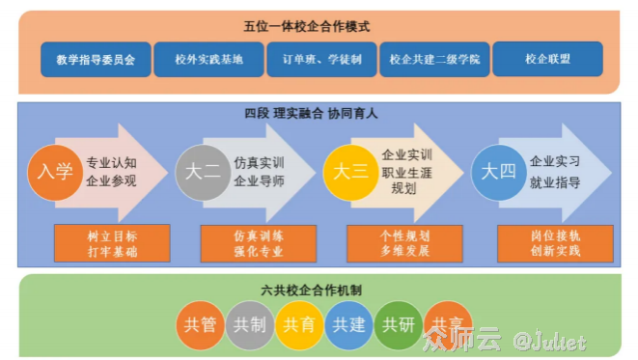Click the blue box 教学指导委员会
point(95,59)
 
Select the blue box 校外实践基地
point(208,59)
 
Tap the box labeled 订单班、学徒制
point(321,59)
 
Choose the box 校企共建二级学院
point(434,59)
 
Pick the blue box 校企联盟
point(547,59)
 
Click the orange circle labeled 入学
point(54,173)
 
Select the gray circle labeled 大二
point(202,173)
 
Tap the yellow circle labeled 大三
point(350,173)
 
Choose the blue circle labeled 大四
point(498,173)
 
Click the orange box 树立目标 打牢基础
point(112,243)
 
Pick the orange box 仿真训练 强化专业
point(258,243)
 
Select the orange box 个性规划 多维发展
point(404,243)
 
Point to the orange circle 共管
point(200,325)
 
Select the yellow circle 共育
point(298,325)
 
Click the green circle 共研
point(398,325)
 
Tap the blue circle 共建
point(347,325)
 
